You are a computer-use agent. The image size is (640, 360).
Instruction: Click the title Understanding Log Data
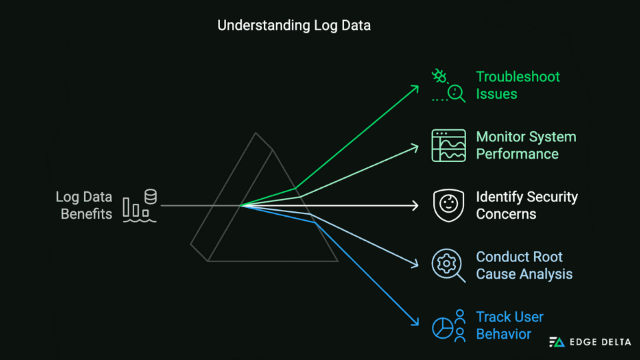(294, 26)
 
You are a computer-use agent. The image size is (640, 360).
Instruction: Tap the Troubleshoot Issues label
(517, 85)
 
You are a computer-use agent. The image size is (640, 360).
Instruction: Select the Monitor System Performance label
(525, 145)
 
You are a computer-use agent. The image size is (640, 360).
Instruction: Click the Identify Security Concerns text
(526, 205)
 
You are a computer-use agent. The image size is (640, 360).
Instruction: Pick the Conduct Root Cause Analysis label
(523, 265)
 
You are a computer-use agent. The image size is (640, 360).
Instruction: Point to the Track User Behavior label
(509, 325)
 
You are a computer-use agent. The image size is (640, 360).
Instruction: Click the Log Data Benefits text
(84, 205)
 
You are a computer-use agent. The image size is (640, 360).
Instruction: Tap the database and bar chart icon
(140, 205)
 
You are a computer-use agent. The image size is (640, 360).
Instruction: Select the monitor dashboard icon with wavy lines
(448, 145)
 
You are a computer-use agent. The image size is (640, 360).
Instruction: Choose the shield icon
(448, 205)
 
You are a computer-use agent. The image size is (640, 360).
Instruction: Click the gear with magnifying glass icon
(448, 265)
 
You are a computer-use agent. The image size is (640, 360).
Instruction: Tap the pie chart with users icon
(448, 325)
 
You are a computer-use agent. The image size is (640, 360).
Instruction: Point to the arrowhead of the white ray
(416, 205)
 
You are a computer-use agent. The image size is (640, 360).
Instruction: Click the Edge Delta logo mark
(557, 342)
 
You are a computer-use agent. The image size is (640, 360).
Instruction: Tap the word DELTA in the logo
(610, 342)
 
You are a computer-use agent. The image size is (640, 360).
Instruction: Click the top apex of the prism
(256, 133)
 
